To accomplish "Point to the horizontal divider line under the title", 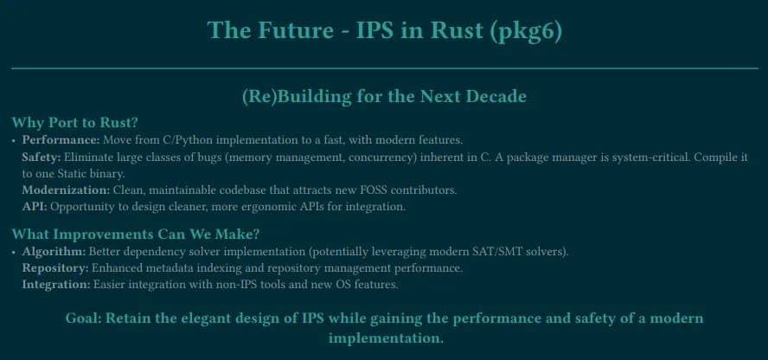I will [x=384, y=67].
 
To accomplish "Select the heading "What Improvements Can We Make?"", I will [x=136, y=234].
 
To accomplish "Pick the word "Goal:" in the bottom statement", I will [x=82, y=318].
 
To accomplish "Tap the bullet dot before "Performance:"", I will [x=14, y=140].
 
